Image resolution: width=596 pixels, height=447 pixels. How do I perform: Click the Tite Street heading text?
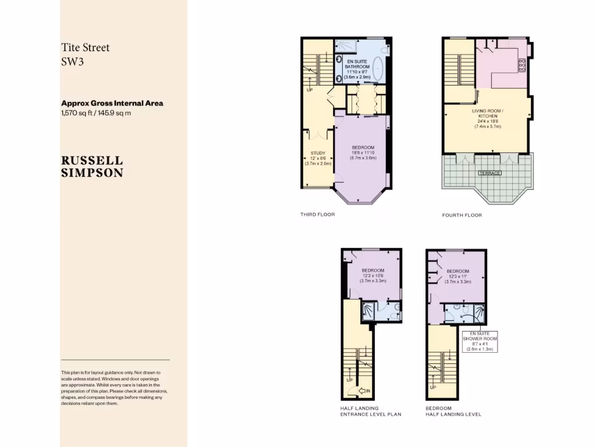tap(85, 48)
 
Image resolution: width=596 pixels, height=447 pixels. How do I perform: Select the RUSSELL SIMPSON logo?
tap(92, 166)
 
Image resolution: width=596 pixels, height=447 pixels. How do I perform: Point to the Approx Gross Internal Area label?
tap(112, 103)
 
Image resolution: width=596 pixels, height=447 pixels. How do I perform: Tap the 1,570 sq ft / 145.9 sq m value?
tap(96, 113)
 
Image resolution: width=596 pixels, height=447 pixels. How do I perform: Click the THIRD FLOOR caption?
tap(317, 214)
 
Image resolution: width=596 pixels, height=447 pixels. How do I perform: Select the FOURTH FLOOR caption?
tap(462, 215)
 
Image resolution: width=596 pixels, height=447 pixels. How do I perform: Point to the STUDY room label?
tap(317, 154)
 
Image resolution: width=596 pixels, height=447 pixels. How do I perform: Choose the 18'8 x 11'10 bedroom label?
tap(363, 152)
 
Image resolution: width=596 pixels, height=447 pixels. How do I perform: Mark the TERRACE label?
tap(489, 173)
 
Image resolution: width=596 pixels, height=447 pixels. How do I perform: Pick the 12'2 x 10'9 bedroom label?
tap(372, 275)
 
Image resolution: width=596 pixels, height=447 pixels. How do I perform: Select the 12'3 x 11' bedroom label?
tap(457, 276)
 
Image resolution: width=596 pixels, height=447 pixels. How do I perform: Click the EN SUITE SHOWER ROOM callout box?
tap(478, 340)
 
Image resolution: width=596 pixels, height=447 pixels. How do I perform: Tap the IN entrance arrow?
tap(365, 391)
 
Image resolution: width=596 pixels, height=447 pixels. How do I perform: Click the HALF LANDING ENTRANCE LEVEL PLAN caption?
tap(371, 411)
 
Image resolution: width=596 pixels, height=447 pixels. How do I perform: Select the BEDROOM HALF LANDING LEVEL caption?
tap(453, 411)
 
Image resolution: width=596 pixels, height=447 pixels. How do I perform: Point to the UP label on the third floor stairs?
tap(309, 90)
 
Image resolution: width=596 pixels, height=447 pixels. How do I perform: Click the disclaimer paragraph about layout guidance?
tap(115, 388)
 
